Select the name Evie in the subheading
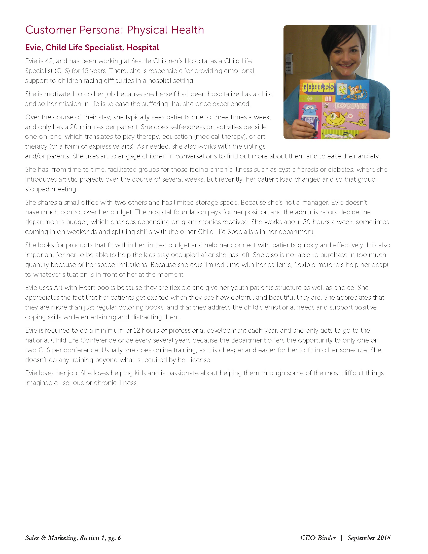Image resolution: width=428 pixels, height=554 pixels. (x=33, y=48)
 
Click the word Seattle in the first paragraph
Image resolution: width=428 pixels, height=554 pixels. (x=141, y=61)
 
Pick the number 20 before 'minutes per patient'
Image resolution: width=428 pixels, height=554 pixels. (x=74, y=127)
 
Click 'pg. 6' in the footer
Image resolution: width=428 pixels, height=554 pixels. (x=114, y=538)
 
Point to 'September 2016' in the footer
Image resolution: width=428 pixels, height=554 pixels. (x=369, y=538)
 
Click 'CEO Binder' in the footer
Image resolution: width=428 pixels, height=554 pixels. (x=318, y=538)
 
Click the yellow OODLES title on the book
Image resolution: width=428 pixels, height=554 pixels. (x=318, y=88)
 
